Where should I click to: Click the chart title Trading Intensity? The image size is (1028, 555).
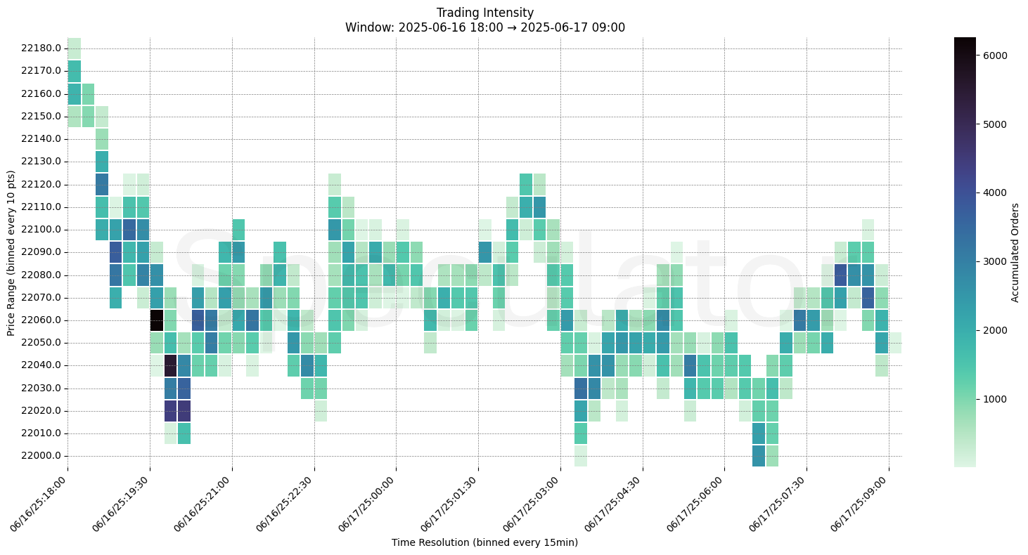click(484, 13)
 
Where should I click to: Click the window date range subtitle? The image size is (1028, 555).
click(484, 27)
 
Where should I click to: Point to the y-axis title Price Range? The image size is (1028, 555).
click(11, 253)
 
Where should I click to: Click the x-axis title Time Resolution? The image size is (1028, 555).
click(484, 542)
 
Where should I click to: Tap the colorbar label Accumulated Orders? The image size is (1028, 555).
click(1015, 252)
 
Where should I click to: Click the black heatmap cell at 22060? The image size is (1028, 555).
click(157, 320)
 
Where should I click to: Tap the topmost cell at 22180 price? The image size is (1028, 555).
click(74, 48)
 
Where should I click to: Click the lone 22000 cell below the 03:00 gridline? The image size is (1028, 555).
click(580, 456)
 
